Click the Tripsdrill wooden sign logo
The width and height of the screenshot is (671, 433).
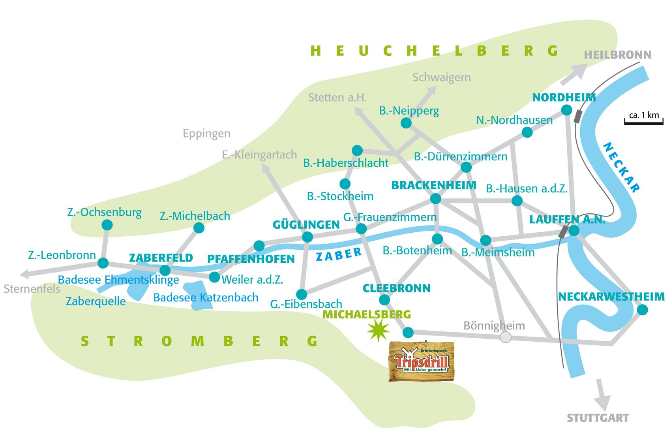coord(422,361)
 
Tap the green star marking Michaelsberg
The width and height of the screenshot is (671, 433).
coord(378,330)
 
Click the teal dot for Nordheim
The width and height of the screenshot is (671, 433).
coord(566,110)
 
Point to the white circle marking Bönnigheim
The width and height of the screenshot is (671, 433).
coord(506,337)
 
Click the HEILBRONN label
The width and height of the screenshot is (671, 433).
coord(617,55)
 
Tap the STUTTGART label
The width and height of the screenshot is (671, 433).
coord(598,418)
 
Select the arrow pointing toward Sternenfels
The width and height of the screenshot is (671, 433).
coord(26,273)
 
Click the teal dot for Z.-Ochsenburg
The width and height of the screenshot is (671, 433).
coord(107,225)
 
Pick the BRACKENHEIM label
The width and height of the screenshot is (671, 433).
coord(433,185)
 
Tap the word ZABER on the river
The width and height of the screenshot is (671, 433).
coord(339,255)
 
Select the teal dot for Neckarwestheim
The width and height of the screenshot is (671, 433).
coord(643,310)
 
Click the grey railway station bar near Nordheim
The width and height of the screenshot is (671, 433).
coord(579,117)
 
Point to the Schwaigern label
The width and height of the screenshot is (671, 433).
coord(441,77)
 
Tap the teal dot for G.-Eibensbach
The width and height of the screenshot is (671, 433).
coord(301,294)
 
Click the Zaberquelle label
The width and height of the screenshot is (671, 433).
coord(96,301)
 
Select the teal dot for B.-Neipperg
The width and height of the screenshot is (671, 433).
coord(406,123)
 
